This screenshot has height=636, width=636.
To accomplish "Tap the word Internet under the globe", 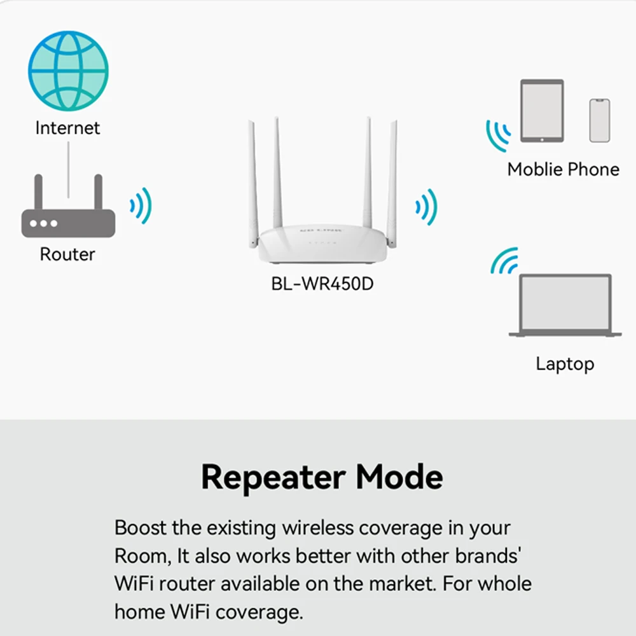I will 67,128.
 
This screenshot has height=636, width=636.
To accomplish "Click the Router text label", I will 67,254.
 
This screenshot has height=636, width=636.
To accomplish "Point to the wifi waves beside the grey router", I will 141,205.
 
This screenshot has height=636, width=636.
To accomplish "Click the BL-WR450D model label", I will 322,284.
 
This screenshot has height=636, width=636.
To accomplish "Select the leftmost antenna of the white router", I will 252,178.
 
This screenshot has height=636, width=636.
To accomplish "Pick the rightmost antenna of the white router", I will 392,178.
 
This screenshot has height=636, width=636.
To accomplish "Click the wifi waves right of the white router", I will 427,206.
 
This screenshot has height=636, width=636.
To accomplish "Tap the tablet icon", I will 542,111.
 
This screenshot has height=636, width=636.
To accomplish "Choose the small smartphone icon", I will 599,120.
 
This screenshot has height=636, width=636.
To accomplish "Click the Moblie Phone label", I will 563,169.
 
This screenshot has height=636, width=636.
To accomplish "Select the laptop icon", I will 565,305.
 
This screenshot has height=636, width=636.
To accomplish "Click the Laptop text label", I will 565,364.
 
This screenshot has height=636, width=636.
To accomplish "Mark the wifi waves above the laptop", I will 504,261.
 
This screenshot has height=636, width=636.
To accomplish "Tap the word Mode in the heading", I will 399,477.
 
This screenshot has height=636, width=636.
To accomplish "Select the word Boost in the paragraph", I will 141,528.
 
